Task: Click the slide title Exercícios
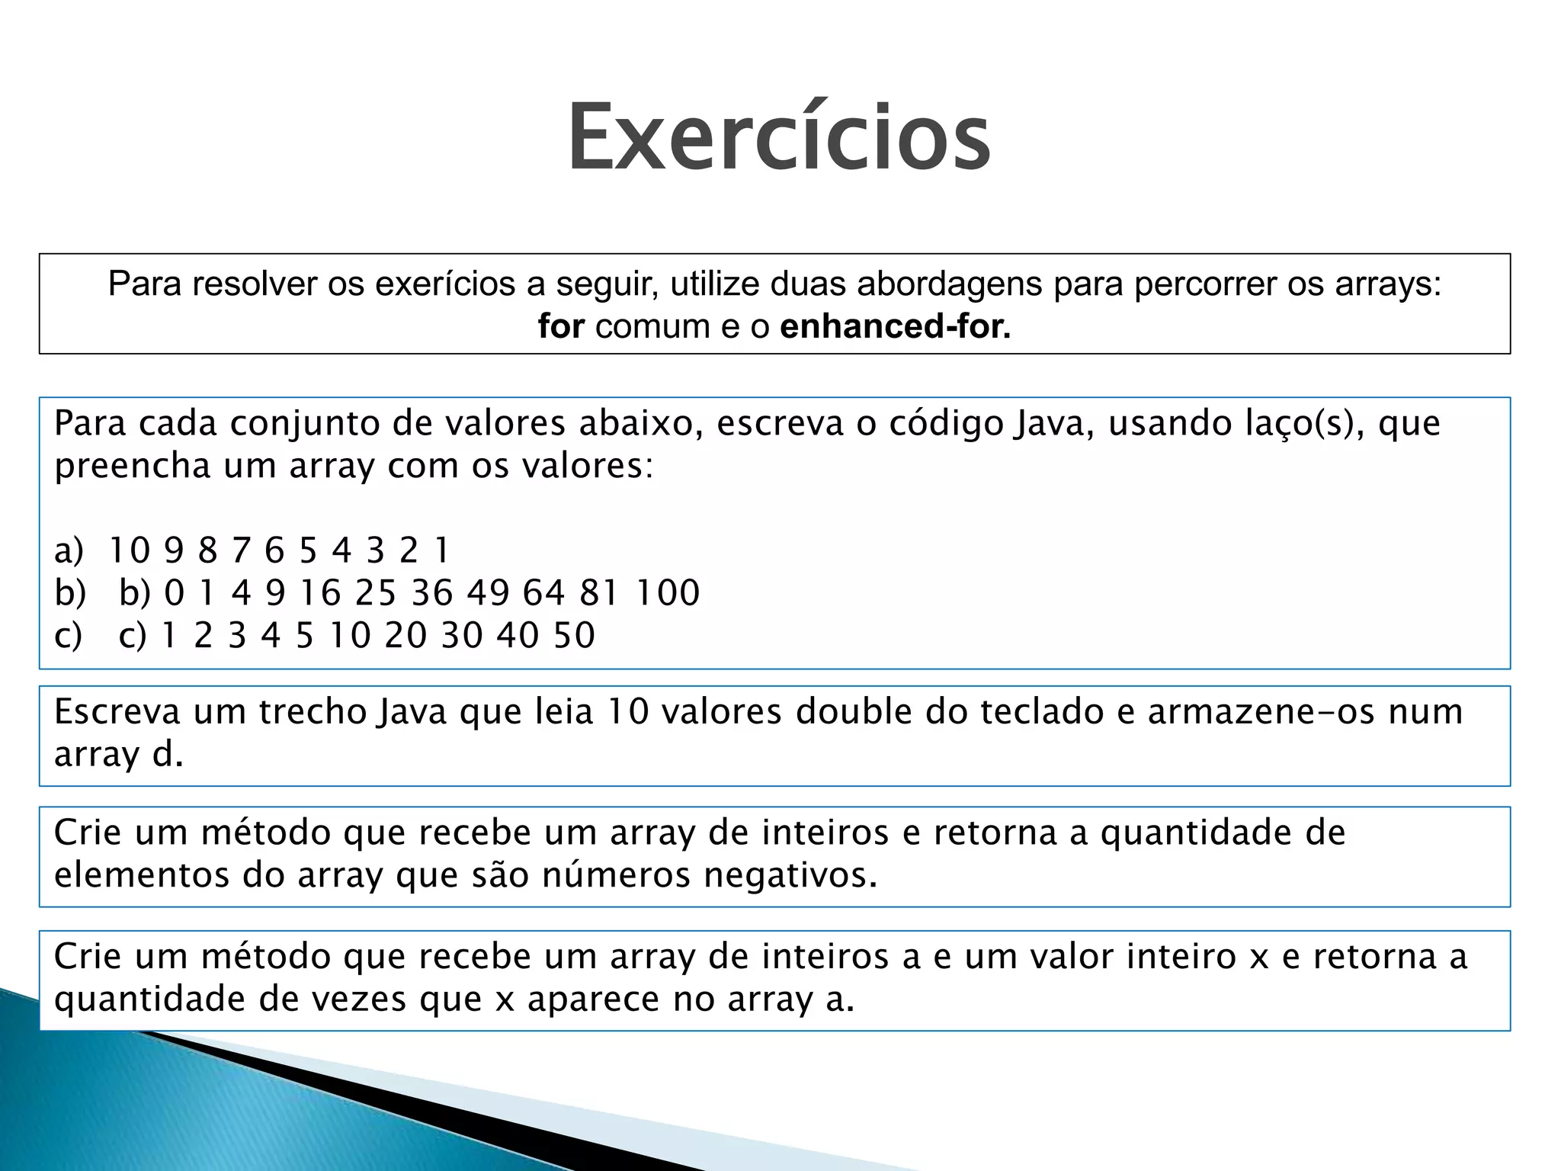pos(778,137)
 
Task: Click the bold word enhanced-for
pos(895,326)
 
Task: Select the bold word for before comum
pos(561,326)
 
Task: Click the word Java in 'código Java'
pos(1054,423)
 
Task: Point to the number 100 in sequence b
pos(668,592)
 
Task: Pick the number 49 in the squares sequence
pos(488,592)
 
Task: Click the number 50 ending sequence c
pos(574,635)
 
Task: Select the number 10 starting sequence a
pos(130,550)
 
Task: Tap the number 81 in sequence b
pos(598,592)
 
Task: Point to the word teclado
pos(1040,711)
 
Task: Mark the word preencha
pos(132,466)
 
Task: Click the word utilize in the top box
pos(715,284)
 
